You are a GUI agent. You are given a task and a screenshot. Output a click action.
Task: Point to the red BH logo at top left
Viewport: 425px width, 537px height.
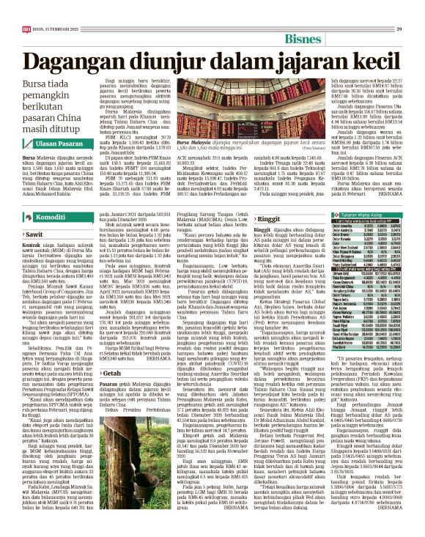pyautogui.click(x=27, y=8)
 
